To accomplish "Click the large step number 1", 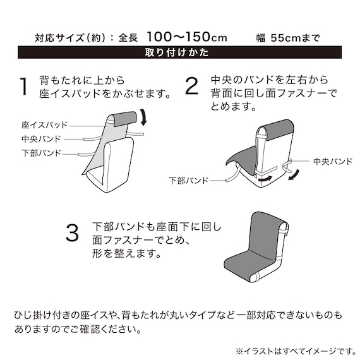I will point(24,87).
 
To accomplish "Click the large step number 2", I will point(192,87).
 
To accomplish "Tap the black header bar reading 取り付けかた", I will point(180,52).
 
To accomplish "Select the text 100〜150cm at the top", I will point(187,37).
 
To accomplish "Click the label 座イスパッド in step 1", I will point(45,124).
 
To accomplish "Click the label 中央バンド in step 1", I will point(41,138).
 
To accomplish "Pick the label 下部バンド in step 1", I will point(41,153).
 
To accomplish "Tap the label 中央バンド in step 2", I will point(332,162).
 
